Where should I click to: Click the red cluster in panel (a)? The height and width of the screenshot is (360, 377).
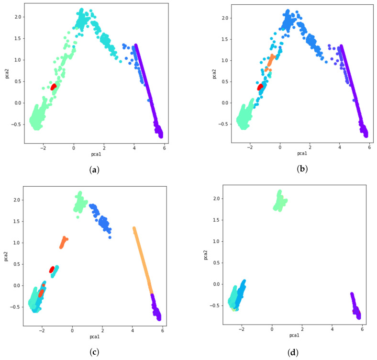[x=54, y=87]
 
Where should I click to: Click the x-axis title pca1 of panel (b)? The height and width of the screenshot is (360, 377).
[x=301, y=153]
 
